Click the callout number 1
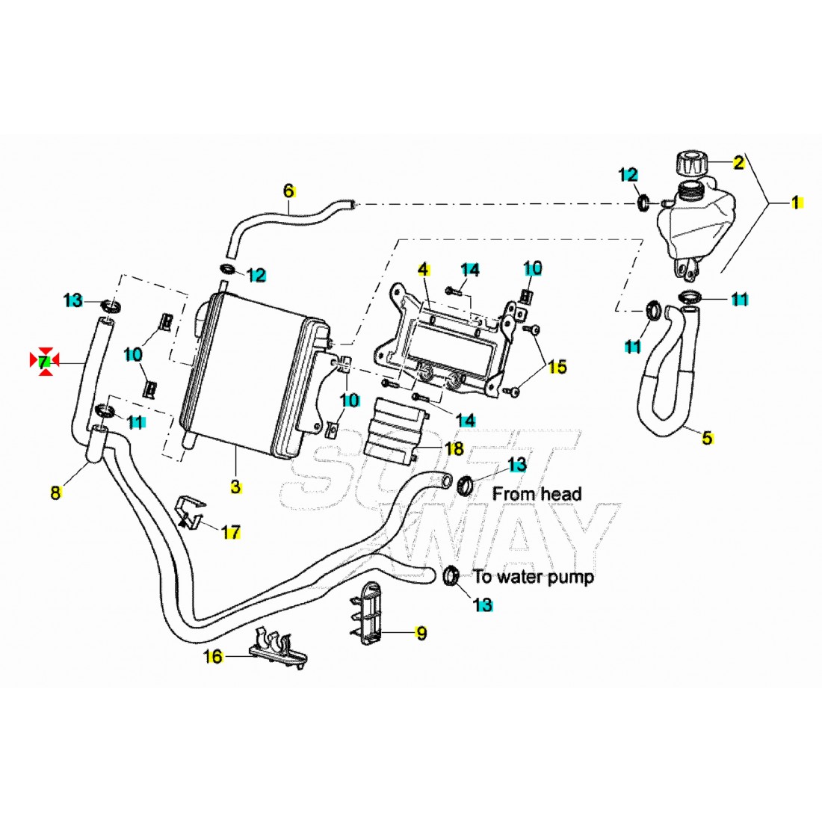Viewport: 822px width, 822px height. [796, 202]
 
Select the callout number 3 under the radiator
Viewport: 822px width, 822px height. [235, 487]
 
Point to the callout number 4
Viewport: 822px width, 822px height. [422, 268]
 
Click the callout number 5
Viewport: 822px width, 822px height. [707, 438]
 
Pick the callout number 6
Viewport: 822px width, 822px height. [289, 191]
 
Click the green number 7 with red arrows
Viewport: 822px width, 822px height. [45, 362]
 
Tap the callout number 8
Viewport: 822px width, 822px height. [55, 492]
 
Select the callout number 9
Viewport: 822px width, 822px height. [421, 633]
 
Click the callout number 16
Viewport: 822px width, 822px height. [214, 657]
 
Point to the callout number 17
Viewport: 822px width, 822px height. [232, 532]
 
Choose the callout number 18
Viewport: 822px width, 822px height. [454, 448]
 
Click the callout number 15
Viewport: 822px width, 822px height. [557, 366]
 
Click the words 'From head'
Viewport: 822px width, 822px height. [537, 493]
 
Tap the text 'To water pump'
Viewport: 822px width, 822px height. [534, 577]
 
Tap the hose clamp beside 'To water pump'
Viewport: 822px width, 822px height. [451, 575]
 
